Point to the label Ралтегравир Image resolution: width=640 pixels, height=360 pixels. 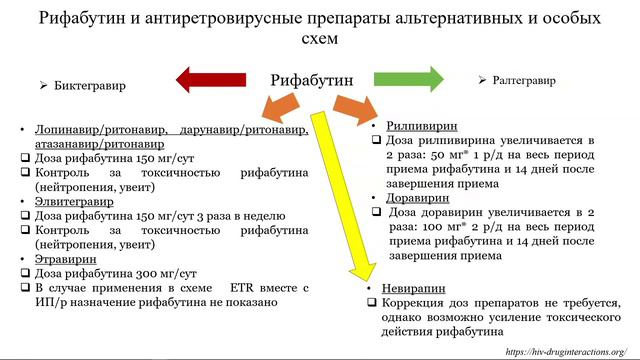pyautogui.click(x=526, y=79)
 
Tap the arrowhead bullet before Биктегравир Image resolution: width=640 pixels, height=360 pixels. pyautogui.click(x=44, y=86)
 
